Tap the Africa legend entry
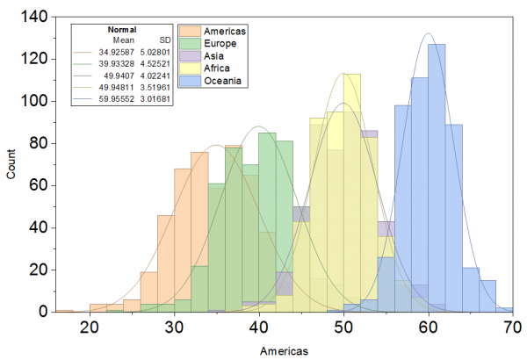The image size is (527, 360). [220, 68]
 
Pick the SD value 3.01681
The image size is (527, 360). [158, 100]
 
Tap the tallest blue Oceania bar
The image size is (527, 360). [437, 176]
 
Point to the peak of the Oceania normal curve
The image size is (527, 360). [428, 34]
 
